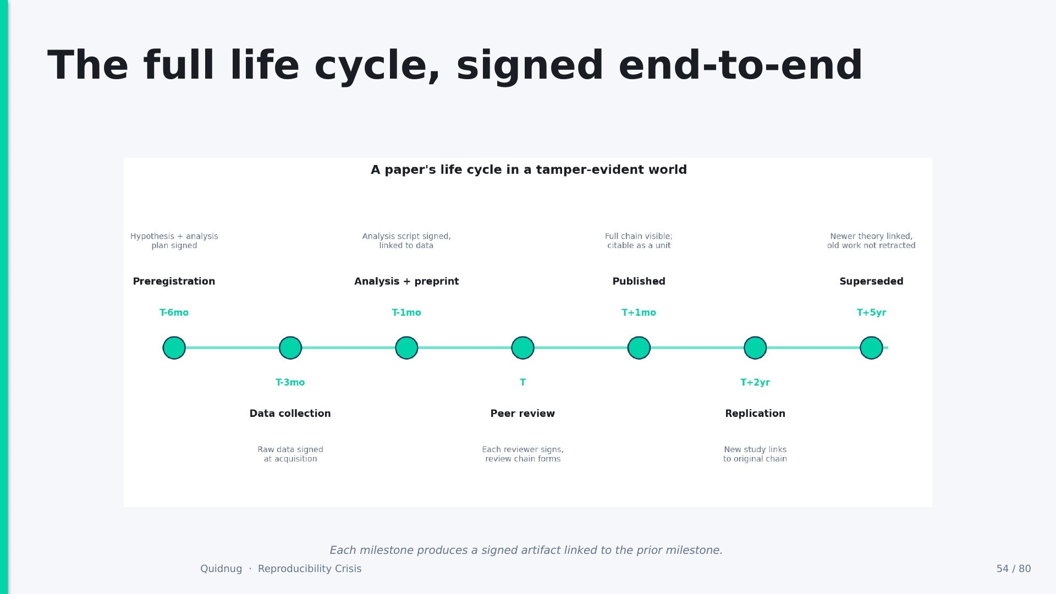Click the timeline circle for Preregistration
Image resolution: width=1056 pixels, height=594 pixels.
pos(174,348)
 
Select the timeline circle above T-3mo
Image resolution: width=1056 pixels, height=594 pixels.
pos(290,348)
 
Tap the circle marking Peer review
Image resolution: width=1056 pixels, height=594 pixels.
pos(522,348)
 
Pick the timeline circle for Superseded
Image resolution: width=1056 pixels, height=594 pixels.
pos(871,348)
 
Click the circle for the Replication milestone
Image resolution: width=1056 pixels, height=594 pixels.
pos(755,348)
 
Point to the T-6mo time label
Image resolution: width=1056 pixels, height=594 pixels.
pos(174,312)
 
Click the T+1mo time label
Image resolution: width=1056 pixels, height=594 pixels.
pos(639,312)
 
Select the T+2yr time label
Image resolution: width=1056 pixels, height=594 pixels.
pos(755,382)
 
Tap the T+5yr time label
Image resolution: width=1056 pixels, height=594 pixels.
pos(871,312)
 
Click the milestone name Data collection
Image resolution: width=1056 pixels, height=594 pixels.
pos(290,414)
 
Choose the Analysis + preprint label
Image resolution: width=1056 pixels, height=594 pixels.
pos(406,282)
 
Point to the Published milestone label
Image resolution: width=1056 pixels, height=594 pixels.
pos(639,282)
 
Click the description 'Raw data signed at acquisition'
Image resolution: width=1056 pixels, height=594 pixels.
pos(290,454)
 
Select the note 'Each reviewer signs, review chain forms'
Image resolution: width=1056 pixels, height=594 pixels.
pos(522,454)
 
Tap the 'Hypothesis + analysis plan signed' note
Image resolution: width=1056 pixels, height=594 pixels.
pos(174,241)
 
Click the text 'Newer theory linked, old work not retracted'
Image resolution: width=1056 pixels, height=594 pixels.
pos(871,241)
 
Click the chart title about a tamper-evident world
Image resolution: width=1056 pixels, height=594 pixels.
pos(529,169)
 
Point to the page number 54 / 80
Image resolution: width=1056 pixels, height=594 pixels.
pos(1014,569)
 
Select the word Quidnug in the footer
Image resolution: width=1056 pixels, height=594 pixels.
pos(221,569)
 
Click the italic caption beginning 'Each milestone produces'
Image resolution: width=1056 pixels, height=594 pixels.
pos(526,550)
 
